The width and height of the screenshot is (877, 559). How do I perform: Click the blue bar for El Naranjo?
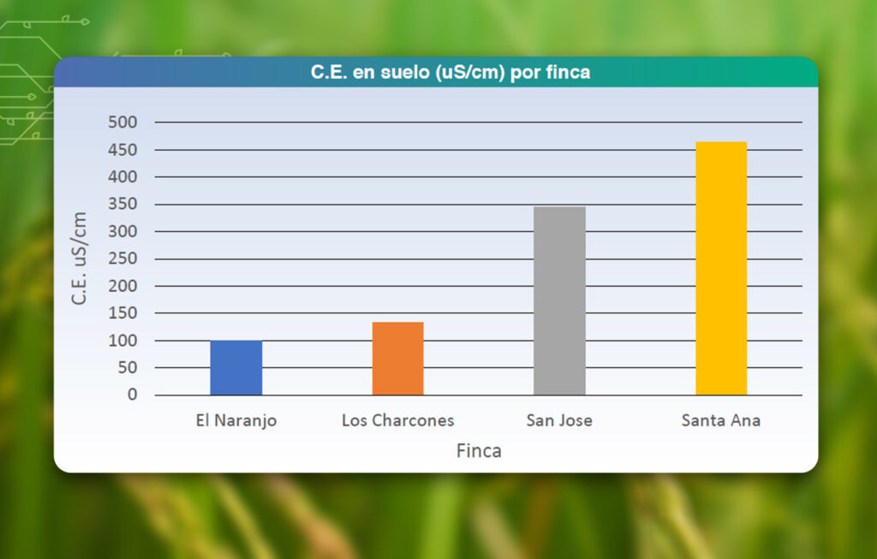tap(236, 368)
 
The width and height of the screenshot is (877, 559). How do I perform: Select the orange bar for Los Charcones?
tap(397, 359)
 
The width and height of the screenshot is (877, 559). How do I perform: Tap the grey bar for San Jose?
tap(559, 300)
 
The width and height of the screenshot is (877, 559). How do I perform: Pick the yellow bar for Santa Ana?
tap(720, 268)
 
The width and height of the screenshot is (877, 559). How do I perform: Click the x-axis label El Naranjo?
tap(236, 420)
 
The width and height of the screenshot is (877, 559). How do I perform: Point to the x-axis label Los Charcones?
tap(397, 420)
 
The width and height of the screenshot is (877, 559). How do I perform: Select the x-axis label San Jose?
tap(558, 420)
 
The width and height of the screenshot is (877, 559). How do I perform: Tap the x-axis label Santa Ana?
tap(720, 420)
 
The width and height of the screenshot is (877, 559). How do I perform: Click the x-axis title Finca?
tap(479, 450)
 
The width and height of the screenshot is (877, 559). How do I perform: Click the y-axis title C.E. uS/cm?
tap(79, 258)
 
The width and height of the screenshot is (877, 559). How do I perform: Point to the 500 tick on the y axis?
tap(122, 122)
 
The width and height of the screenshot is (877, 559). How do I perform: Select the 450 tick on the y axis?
tap(122, 150)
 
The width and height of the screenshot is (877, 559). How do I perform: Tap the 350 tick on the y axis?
tap(122, 205)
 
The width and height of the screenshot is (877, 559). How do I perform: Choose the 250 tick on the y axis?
tap(122, 259)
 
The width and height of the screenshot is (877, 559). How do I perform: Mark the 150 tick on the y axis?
tap(122, 313)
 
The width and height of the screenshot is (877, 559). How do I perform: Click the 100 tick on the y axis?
tap(122, 341)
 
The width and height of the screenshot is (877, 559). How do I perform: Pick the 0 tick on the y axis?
tap(132, 395)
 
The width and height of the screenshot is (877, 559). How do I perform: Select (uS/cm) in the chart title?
tap(470, 73)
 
